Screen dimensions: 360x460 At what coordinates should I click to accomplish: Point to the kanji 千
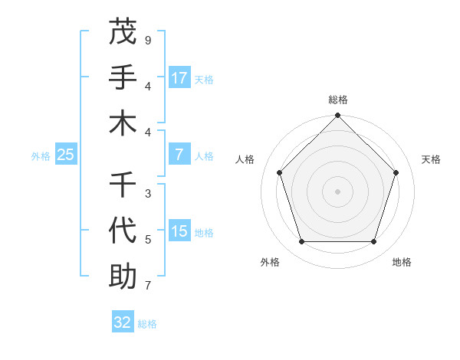click(x=123, y=184)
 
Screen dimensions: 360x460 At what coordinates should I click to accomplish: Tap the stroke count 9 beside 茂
click(x=148, y=40)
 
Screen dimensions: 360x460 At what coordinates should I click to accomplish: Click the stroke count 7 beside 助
click(x=148, y=286)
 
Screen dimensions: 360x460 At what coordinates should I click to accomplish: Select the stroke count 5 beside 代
click(x=148, y=240)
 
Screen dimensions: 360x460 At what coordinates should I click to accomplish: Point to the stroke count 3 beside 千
click(x=148, y=194)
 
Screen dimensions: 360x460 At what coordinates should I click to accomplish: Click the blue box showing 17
click(x=179, y=77)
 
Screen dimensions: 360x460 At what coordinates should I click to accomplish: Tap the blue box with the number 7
click(x=179, y=154)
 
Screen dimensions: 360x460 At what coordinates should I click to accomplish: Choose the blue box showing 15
click(x=179, y=231)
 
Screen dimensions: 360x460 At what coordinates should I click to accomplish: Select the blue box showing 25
click(x=65, y=155)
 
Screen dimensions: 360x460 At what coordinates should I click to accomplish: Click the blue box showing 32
click(x=123, y=322)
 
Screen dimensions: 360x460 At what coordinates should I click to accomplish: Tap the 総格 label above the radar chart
click(x=338, y=100)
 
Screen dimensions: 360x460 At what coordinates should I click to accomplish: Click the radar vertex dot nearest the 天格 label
click(x=396, y=172)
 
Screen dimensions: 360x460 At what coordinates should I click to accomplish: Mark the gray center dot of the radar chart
click(x=338, y=191)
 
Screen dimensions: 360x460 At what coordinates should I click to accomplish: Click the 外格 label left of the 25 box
click(x=41, y=156)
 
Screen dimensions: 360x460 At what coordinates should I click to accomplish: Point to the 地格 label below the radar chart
click(x=402, y=262)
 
